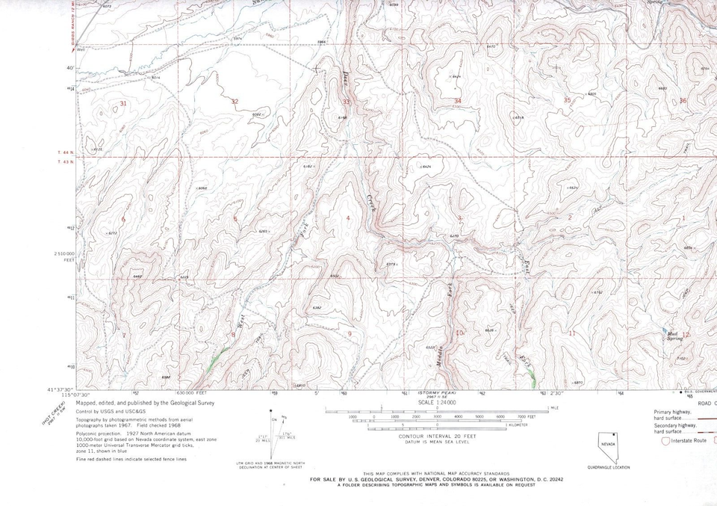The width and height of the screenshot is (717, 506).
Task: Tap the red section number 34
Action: (457, 100)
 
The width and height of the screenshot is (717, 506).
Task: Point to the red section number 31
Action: (123, 102)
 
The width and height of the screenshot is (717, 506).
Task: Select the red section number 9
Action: (350, 333)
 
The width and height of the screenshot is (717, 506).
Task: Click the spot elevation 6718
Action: (520, 118)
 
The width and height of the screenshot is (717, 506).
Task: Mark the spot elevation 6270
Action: (453, 236)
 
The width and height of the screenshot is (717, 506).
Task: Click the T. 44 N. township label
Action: (66, 152)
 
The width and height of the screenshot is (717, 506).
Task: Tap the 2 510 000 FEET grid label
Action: (63, 257)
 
